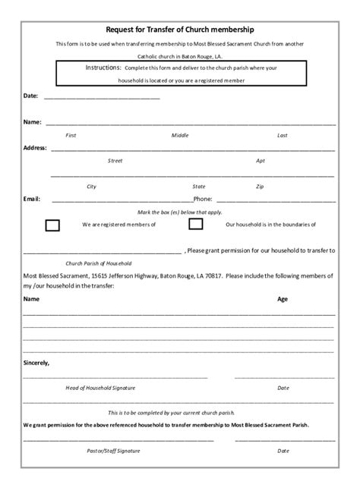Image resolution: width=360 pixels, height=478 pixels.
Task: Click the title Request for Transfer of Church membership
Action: pyautogui.click(x=179, y=30)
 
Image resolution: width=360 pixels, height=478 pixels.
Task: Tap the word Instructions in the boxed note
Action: pyautogui.click(x=103, y=68)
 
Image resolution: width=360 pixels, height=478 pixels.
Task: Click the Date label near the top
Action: pyautogui.click(x=30, y=96)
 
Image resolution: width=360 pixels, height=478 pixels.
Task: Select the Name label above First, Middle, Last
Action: pyautogui.click(x=32, y=121)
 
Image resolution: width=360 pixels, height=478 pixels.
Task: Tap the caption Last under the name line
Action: pyautogui.click(x=282, y=135)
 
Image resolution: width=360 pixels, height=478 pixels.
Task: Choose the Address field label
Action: pyautogui.click(x=35, y=147)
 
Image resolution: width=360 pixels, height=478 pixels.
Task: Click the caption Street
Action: pyautogui.click(x=115, y=160)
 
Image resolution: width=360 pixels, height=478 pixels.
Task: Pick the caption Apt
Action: pyautogui.click(x=261, y=160)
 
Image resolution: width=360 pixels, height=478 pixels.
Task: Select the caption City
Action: pyautogui.click(x=91, y=186)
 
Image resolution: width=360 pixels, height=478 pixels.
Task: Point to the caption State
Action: pyautogui.click(x=199, y=186)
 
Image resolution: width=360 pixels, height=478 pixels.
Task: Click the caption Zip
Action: pyautogui.click(x=260, y=186)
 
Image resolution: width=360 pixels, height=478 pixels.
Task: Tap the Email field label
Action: pyautogui.click(x=31, y=199)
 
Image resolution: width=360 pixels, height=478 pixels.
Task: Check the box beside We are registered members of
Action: pyautogui.click(x=52, y=225)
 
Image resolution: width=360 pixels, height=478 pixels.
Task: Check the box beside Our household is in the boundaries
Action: pyautogui.click(x=195, y=224)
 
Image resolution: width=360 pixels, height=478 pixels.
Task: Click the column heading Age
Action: pyautogui.click(x=283, y=300)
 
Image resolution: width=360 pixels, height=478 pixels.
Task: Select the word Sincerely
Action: pyautogui.click(x=36, y=363)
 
